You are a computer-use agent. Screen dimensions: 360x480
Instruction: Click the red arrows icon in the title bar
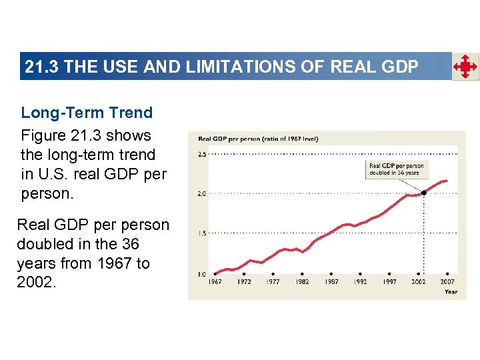tap(465, 67)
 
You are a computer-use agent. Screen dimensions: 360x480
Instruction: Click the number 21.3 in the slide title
tap(42, 67)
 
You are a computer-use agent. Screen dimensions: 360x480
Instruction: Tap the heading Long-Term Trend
tap(87, 113)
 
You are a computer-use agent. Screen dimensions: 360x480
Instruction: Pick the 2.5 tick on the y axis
tap(202, 153)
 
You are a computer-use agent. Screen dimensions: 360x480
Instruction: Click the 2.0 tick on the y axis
tap(202, 194)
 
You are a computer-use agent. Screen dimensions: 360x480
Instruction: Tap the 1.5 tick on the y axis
tap(202, 234)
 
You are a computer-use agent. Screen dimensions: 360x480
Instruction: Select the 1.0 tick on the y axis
tap(202, 275)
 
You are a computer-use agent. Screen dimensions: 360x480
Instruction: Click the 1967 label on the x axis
tap(215, 282)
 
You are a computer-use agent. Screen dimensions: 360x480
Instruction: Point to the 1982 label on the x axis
tap(302, 282)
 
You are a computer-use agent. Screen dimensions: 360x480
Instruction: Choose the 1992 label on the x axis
tap(360, 282)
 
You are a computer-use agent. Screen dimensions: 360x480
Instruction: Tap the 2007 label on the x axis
tap(447, 282)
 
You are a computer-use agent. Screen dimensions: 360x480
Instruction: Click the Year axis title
tap(451, 291)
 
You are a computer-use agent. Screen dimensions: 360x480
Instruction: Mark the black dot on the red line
tap(424, 193)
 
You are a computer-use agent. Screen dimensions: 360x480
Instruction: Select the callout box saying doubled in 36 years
tap(396, 169)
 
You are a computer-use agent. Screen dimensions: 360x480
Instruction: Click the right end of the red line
tap(447, 181)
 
